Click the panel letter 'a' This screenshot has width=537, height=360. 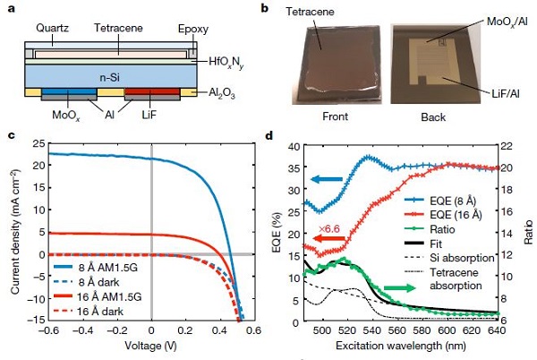(10, 7)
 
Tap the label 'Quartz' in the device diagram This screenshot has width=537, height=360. (51, 26)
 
